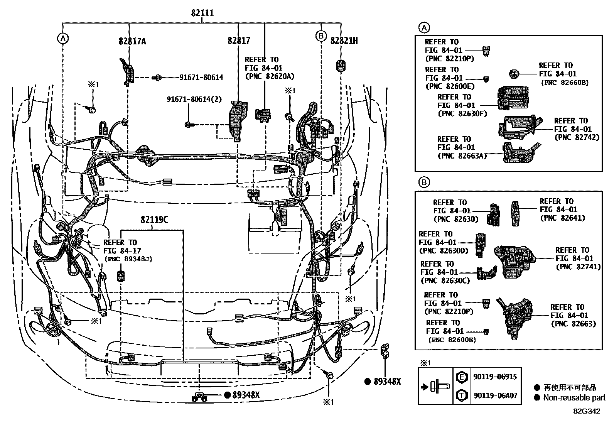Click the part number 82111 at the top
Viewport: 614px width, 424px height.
click(202, 13)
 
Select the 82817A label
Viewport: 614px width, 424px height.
click(132, 41)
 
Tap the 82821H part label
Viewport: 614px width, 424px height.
click(344, 41)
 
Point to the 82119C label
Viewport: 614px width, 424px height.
click(154, 220)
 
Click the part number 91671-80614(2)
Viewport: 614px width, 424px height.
click(194, 99)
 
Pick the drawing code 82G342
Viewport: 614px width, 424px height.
click(586, 411)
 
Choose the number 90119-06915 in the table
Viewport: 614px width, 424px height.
click(495, 377)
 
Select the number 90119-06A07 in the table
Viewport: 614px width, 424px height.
click(495, 395)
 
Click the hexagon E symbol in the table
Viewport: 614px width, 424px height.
click(461, 377)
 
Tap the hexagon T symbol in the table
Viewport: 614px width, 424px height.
click(461, 395)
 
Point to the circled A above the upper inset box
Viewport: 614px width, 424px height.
click(423, 28)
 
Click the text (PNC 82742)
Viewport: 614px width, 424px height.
click(577, 137)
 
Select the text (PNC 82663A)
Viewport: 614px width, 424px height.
click(462, 156)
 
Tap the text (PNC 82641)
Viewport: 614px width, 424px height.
click(562, 218)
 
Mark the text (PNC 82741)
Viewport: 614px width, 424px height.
click(578, 267)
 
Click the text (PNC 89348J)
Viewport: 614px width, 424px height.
click(128, 259)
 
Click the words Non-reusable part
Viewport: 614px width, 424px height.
click(574, 397)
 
